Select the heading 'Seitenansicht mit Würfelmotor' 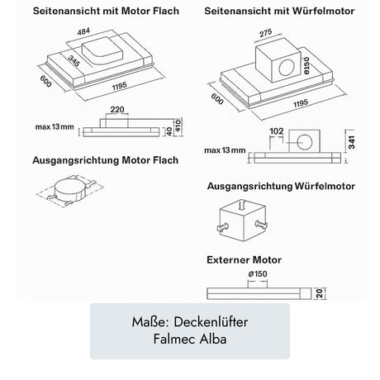point(279,13)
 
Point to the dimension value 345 point(52,62)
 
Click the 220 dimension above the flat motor point(117,108)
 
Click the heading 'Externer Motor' point(248,259)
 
